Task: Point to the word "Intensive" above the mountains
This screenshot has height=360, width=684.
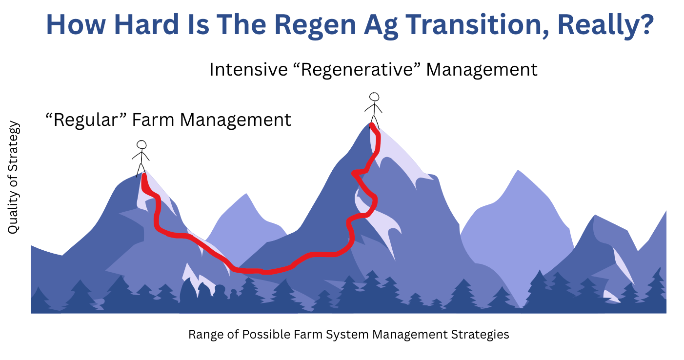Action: (248, 70)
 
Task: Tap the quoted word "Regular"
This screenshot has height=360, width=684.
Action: (86, 120)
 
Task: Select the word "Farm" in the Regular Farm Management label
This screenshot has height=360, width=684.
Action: (153, 120)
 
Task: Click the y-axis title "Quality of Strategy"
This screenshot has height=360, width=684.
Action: (13, 178)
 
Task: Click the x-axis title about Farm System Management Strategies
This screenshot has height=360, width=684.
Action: (349, 334)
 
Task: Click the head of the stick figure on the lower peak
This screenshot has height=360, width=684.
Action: (141, 145)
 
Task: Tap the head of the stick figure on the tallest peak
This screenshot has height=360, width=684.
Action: (374, 97)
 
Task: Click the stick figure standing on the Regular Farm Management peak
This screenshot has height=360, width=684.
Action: (141, 159)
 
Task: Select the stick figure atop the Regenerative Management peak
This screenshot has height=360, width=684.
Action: (374, 111)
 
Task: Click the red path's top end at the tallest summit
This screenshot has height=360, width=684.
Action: (372, 125)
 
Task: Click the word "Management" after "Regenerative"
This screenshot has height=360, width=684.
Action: (482, 70)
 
